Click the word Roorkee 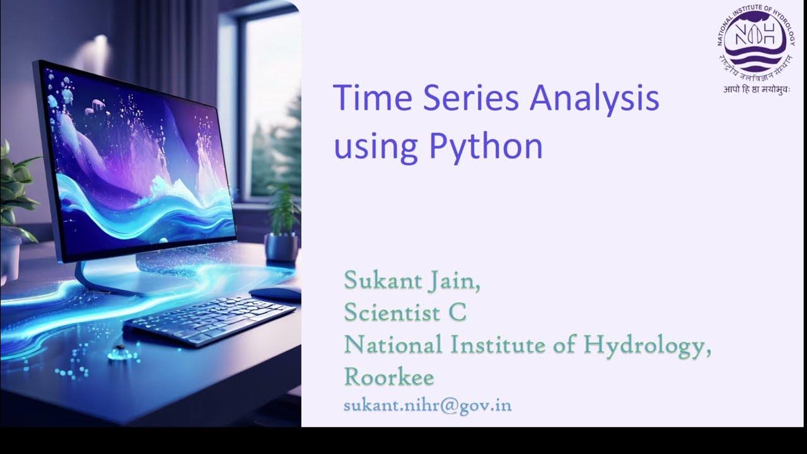[389, 377]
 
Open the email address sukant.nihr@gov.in [427, 405]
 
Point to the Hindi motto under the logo [756, 89]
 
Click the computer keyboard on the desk [210, 320]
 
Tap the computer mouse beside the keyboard [276, 293]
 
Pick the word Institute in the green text [492, 345]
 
